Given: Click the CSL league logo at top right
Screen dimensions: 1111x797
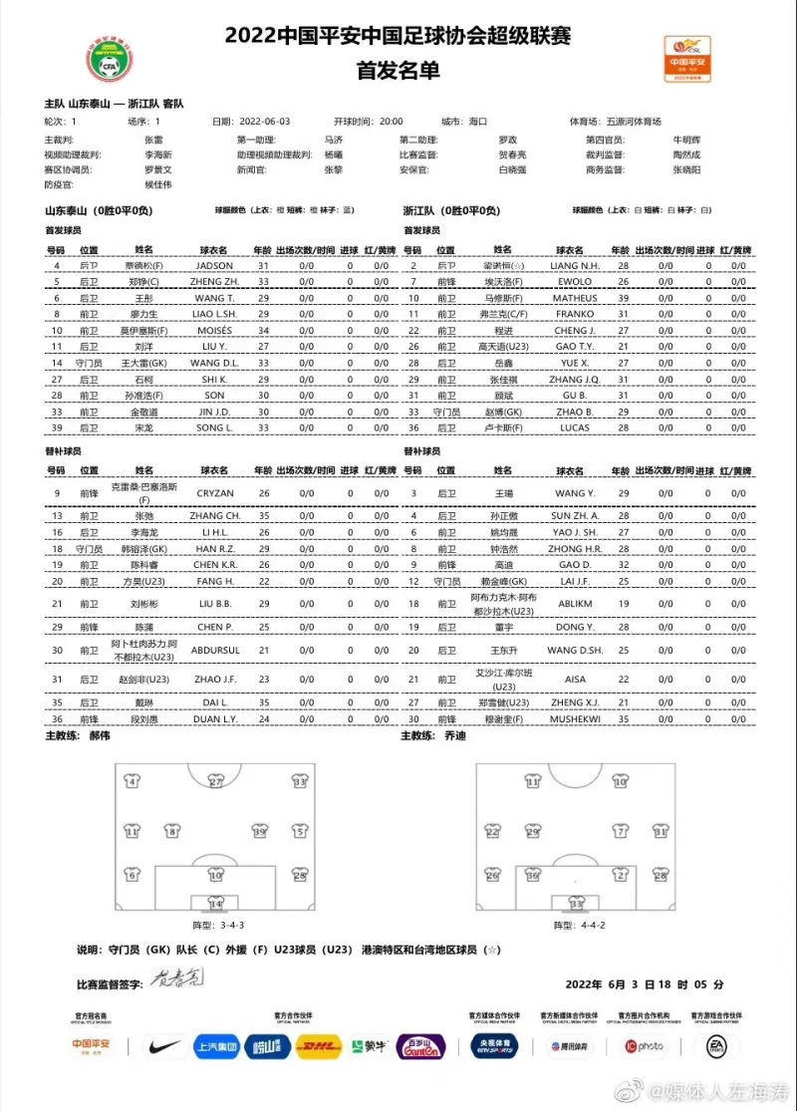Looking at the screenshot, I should pos(687,58).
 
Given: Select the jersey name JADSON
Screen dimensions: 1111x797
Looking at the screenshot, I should pos(215,266).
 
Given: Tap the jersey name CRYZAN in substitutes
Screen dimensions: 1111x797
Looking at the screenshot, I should pos(215,492).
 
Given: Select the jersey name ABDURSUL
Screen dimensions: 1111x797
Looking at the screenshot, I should pos(215,650).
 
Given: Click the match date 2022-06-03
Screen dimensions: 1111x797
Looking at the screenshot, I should pos(265,122).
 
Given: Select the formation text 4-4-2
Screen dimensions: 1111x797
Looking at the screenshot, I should pos(590,926).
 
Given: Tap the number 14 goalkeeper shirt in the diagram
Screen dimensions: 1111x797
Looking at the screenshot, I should pos(215,903).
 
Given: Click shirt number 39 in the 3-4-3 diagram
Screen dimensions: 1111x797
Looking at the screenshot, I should pos(260,830).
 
